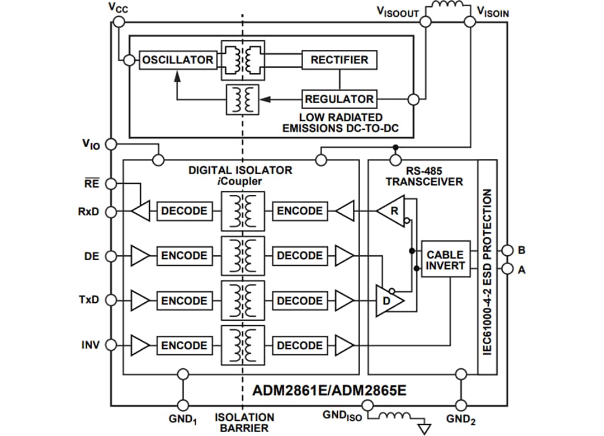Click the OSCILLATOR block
coord(177,60)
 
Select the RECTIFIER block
coord(339,60)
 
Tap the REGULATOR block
coord(339,99)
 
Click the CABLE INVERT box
coord(445,260)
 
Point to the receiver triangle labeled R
coord(391,211)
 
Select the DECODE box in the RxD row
coord(184,211)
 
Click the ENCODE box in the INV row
coord(184,346)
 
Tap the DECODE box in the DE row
coord(300,256)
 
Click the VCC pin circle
coord(118,22)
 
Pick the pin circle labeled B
coord(507,250)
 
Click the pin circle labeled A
coord(507,269)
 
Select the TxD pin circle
coord(111,301)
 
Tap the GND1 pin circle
coord(182,405)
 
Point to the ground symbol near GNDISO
coord(425,428)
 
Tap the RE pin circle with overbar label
coord(111,184)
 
